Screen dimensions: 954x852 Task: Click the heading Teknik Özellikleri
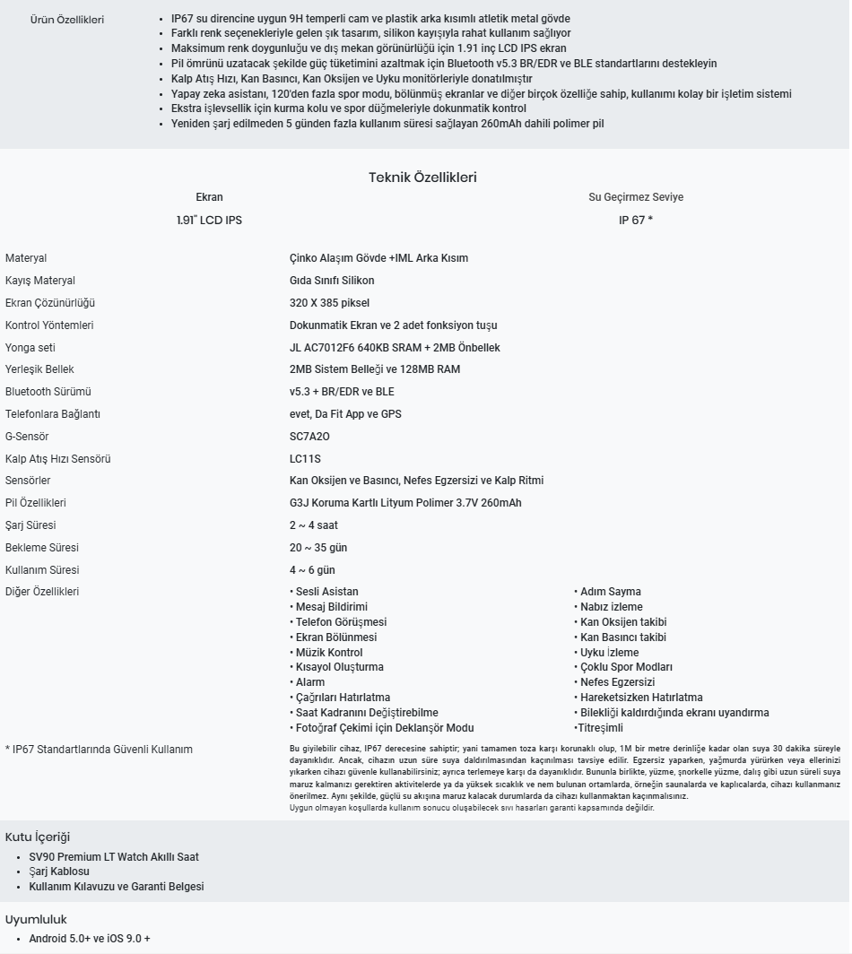(422, 178)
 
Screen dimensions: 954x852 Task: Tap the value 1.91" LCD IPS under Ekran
(209, 220)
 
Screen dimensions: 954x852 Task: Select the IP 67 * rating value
(635, 220)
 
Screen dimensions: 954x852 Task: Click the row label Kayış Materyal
(40, 281)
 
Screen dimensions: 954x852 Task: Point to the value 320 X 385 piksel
(329, 303)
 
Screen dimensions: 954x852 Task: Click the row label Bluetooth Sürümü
(48, 392)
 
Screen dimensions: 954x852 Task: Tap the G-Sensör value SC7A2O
(309, 437)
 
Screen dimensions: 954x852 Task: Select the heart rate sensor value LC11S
(305, 459)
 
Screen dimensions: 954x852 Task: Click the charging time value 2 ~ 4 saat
(314, 525)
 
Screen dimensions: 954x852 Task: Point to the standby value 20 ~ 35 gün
(318, 548)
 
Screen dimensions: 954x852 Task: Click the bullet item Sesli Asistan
(326, 592)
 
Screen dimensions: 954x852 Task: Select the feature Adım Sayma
(610, 592)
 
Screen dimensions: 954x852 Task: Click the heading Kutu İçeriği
(38, 837)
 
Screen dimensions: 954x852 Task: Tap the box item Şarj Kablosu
(59, 872)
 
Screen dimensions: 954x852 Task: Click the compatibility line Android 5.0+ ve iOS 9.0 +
(90, 938)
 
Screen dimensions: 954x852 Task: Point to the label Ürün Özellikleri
(67, 20)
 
